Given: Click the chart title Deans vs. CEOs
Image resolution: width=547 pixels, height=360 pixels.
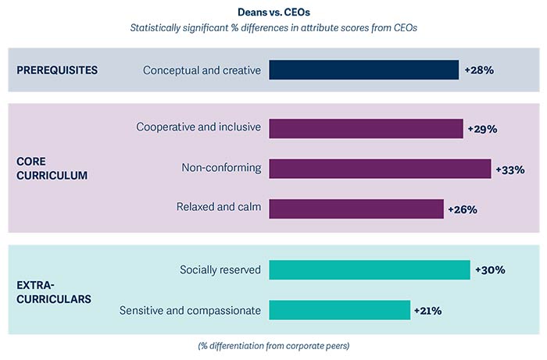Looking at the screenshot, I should click(x=273, y=13).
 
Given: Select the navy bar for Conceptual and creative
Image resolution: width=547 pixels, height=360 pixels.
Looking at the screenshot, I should click(x=363, y=70).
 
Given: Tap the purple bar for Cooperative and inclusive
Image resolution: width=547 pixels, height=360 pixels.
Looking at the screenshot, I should click(x=366, y=128).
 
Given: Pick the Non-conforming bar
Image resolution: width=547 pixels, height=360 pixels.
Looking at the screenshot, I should click(x=380, y=169).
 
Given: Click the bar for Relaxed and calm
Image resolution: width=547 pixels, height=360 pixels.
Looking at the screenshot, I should click(x=356, y=209).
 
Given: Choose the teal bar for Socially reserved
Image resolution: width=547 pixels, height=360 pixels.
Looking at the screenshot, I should click(x=370, y=269).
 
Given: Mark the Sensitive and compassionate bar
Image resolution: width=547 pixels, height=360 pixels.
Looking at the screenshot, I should click(x=339, y=310).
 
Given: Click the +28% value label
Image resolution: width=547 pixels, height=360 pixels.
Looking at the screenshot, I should click(x=479, y=70).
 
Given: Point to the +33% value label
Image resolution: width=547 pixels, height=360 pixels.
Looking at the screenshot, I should click(x=509, y=169).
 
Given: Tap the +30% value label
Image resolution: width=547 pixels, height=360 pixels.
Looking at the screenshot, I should click(x=489, y=269).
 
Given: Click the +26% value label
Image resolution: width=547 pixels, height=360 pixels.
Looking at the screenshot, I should click(x=462, y=209).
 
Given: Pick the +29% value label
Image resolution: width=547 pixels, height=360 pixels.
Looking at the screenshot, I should click(x=482, y=128).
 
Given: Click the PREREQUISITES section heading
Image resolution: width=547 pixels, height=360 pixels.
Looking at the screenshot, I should click(x=57, y=70).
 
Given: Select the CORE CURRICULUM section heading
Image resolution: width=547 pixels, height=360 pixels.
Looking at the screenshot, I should click(x=52, y=168).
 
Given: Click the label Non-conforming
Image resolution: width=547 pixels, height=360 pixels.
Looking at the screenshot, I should click(x=221, y=169).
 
